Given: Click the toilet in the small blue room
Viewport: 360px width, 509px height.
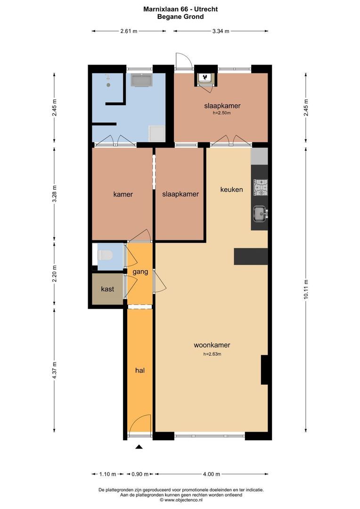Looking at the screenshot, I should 105,255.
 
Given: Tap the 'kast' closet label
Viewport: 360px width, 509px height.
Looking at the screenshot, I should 108,289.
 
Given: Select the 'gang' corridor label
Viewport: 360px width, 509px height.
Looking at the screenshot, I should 140,272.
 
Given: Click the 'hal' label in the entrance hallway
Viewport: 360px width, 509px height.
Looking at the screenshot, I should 139,371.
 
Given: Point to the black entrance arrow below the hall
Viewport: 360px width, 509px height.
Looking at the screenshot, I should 139,447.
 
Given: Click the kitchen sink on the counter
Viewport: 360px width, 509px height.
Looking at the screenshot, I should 259,214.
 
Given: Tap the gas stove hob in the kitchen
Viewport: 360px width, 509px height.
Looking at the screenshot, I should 260,188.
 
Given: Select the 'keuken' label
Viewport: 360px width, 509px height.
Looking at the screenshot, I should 232,189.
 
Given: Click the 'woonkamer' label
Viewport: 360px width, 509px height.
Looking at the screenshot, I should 212,345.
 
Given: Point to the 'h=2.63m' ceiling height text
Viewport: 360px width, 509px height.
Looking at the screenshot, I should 212,354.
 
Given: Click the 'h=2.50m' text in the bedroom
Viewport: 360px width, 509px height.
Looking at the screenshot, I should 221,113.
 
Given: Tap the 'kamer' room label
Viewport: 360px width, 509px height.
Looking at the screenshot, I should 123,194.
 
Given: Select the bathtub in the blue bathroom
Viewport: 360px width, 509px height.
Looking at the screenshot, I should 141,80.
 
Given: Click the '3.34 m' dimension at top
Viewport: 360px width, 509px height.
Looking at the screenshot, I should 221,31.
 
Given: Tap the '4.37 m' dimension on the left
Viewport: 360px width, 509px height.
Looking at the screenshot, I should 55,370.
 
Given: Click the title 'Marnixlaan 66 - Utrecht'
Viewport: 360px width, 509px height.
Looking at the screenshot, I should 180,9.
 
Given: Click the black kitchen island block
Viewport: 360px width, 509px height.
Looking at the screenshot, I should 251,256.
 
